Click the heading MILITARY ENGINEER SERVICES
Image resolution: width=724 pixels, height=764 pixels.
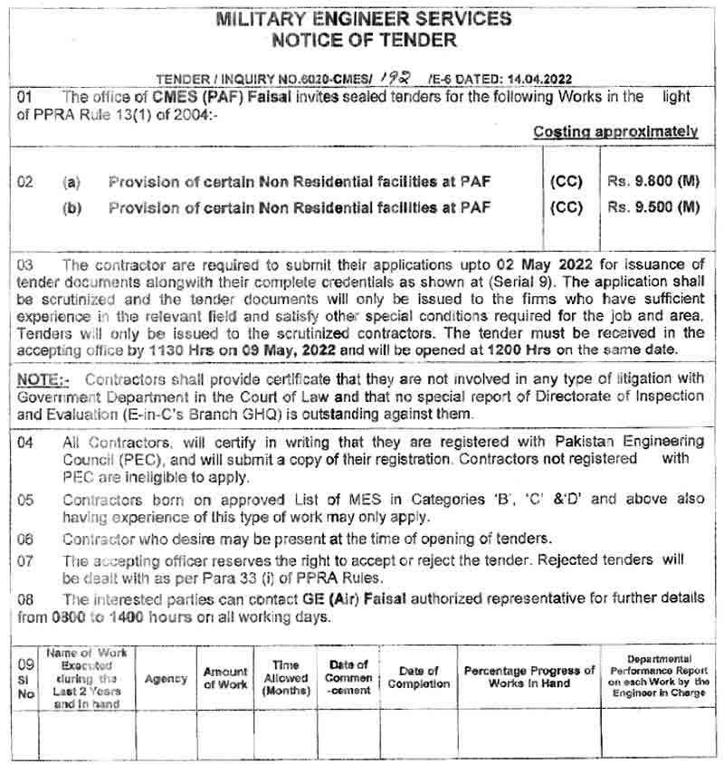pos(363,18)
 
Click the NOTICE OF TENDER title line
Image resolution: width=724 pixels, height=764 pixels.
pos(363,40)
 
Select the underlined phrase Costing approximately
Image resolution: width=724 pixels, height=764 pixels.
pos(615,131)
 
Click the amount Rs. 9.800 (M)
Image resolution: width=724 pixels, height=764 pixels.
pos(654,182)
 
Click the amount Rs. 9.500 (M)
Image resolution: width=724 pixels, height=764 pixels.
pos(654,207)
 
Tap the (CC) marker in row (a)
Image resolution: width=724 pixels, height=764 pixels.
pos(567,182)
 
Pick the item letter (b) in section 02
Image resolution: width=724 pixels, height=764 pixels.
pos(71,207)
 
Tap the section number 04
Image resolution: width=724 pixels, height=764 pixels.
pos(25,442)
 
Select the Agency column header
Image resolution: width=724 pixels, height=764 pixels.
pos(166,678)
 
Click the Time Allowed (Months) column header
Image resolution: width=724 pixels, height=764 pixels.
pos(286,677)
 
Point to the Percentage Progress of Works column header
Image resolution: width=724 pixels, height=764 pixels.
pos(529,677)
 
